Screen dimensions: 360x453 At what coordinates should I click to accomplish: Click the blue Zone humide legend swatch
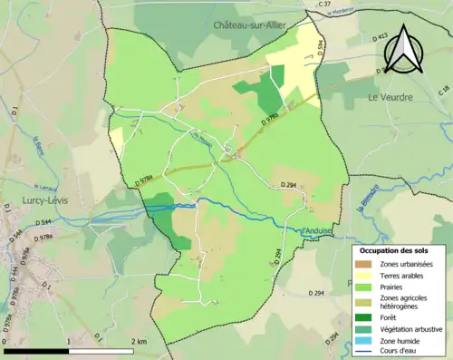coord(367,342)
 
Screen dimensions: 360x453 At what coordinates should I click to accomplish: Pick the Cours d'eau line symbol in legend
coord(367,353)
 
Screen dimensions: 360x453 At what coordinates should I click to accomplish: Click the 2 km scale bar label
coord(137,341)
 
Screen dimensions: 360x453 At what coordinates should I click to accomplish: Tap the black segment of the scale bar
coord(36,350)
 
